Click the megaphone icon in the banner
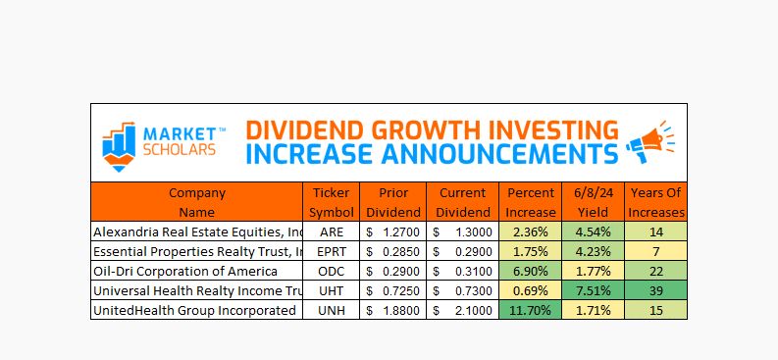[651, 141]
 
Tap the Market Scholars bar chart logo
[119, 146]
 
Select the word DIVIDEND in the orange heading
[305, 130]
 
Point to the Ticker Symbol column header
[332, 202]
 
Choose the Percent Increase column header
[532, 202]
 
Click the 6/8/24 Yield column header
[594, 202]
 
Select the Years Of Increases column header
[655, 202]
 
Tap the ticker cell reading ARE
[332, 231]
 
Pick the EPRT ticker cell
[332, 251]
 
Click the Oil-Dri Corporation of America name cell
[197, 272]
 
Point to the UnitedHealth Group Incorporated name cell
[197, 310]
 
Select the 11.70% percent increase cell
[531, 310]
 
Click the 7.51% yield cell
[594, 290]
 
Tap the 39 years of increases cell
[656, 290]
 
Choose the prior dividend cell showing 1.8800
[393, 310]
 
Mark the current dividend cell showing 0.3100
[462, 272]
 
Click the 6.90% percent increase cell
[531, 272]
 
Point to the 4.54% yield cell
[594, 231]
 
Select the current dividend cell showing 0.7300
[462, 290]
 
